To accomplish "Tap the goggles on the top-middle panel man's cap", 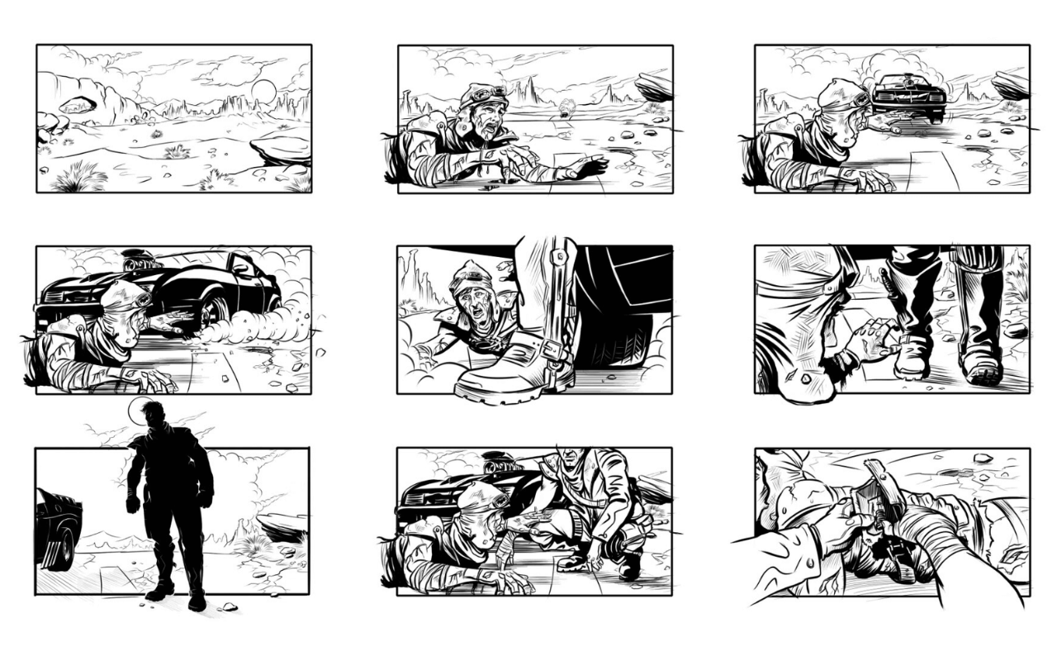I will [492, 93].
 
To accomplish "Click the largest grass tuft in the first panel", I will [81, 177].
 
